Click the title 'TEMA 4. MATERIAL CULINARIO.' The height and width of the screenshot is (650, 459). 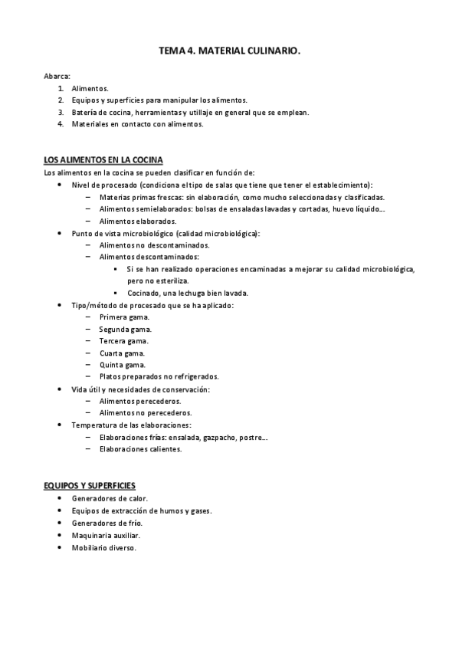point(229,51)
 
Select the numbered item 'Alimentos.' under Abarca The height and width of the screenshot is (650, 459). point(90,89)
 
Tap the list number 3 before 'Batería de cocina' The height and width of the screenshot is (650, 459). point(61,112)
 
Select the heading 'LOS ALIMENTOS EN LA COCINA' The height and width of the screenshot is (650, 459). point(103,160)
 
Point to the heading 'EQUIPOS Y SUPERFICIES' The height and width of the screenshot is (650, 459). point(90,486)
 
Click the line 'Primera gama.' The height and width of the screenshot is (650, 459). point(124,317)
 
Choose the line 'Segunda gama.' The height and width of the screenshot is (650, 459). point(126,329)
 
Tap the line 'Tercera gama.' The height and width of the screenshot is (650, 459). point(124,340)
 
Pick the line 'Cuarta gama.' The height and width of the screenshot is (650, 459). point(123,353)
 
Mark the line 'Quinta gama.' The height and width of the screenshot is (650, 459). point(123,365)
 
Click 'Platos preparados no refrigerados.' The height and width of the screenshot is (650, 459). point(159,376)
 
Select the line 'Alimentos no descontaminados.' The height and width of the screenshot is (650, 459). point(154,245)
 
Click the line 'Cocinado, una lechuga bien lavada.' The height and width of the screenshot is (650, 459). point(188,293)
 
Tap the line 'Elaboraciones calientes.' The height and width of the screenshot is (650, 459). point(141,449)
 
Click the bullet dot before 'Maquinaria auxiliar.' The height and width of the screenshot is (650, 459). point(60,534)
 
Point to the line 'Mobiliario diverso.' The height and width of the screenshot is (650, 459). point(104,547)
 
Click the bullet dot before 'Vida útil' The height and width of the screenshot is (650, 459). point(60,389)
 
